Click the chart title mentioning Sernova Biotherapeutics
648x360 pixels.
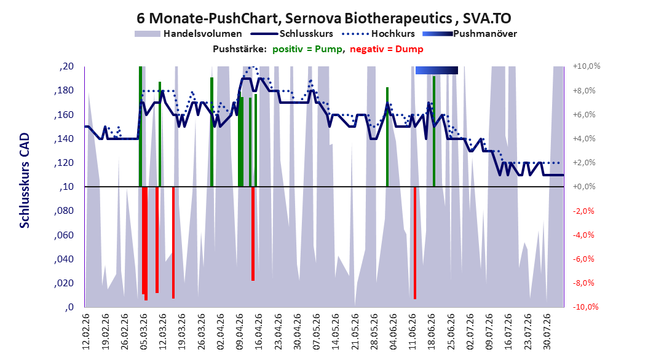coord(323,18)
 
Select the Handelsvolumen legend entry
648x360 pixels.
coord(188,34)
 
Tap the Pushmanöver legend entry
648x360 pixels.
coord(470,34)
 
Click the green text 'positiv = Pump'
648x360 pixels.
coord(307,49)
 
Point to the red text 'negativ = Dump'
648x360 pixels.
coord(387,49)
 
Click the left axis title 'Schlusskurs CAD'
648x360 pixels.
coord(25,180)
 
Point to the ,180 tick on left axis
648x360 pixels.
coord(64,91)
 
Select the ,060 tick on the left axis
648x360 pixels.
coord(64,235)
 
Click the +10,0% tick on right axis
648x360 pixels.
coord(587,66)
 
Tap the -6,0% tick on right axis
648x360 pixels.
coord(584,259)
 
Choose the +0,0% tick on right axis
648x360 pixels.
coord(584,187)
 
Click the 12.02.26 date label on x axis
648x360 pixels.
coord(86,332)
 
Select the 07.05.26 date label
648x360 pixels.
coord(317,332)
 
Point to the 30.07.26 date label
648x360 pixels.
coord(547,332)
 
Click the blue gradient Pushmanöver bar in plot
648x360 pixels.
coord(437,70)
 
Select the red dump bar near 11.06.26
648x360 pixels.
coord(415,243)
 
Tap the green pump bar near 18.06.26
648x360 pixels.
coord(434,131)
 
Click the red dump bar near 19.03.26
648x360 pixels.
coord(173,242)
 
